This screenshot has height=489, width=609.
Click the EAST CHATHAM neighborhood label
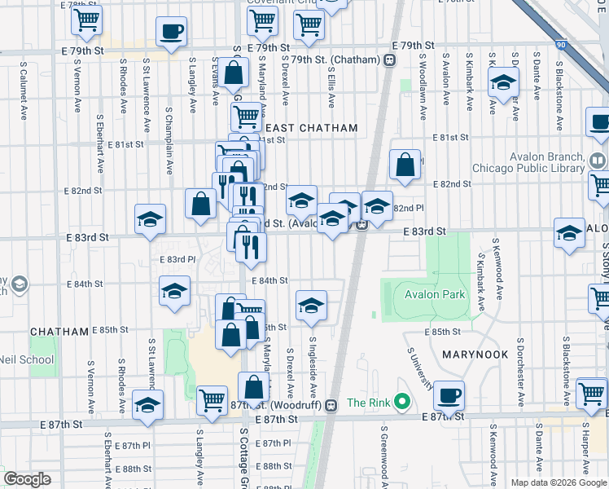pos(312,128)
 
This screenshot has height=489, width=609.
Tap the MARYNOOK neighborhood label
pos(475,355)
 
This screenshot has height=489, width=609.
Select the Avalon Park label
pos(430,294)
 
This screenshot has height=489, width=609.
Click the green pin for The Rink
pos(401,402)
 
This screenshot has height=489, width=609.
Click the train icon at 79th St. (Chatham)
pos(390,59)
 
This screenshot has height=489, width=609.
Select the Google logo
pos(27,479)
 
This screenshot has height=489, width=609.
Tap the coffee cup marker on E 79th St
pos(171,33)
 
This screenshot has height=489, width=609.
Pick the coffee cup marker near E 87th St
pos(449,397)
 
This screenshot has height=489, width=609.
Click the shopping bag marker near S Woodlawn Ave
pos(405,165)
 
